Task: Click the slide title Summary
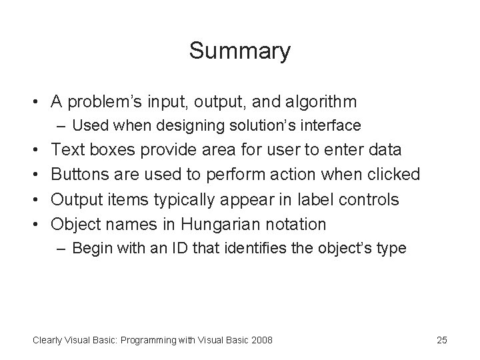239,51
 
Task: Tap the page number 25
441,340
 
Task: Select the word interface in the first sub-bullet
336,125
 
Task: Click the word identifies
227,249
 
